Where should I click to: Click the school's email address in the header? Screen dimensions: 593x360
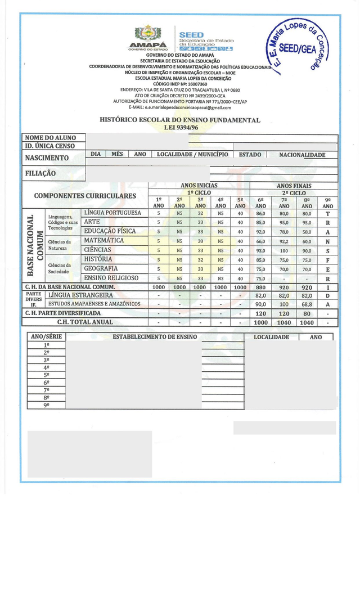[180, 107]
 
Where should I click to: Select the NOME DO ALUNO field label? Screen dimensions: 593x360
[49, 138]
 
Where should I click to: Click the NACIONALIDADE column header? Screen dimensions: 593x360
[302, 155]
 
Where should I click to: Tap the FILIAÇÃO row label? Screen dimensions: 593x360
[40, 173]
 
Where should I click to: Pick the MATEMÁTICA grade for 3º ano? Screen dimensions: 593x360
[200, 241]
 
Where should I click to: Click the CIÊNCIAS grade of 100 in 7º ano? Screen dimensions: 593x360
[283, 250]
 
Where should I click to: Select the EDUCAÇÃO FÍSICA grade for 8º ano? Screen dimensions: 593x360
[307, 232]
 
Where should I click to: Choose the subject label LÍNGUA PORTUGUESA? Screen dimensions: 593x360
[112, 213]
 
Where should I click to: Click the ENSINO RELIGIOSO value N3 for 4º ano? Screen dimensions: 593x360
[220, 278]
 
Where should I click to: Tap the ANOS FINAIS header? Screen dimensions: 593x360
[294, 186]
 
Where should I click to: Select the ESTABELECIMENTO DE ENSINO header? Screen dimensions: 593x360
[155, 337]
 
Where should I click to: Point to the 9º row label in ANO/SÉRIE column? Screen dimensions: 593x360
[47, 405]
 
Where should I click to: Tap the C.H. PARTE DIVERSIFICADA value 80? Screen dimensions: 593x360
[307, 313]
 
